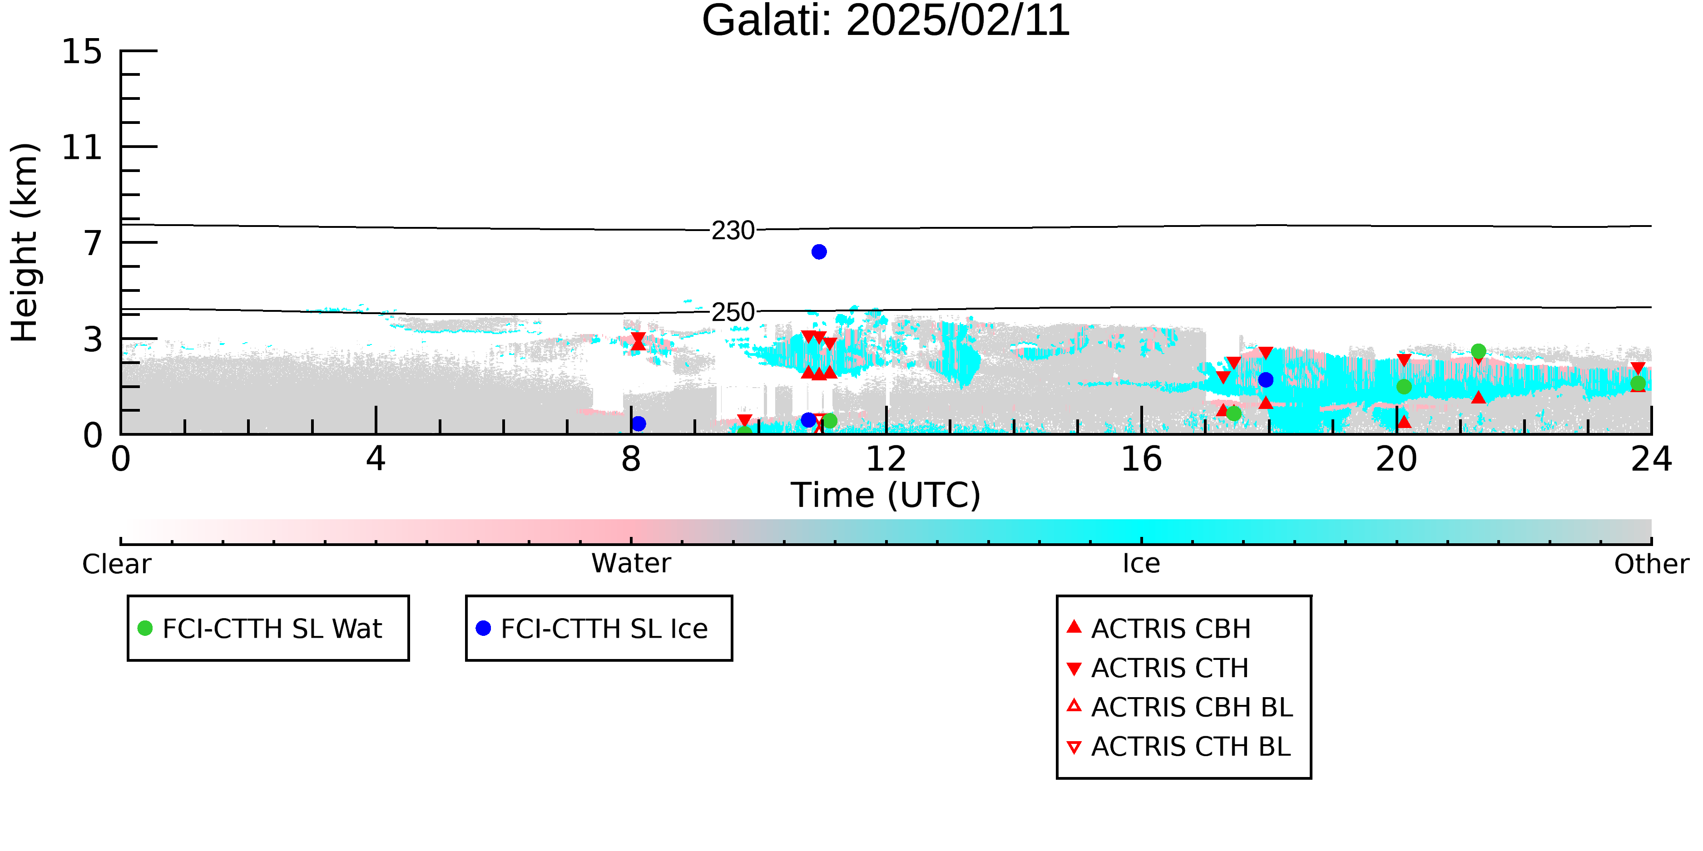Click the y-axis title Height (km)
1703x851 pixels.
coord(25,242)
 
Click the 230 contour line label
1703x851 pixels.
coord(733,231)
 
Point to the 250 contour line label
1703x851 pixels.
coord(733,312)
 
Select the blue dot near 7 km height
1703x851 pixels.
coord(819,252)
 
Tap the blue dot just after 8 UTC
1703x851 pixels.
coord(639,423)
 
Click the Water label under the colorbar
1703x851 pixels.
coord(631,564)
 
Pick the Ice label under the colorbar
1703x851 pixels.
coord(1141,564)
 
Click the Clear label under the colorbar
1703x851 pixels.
coord(116,564)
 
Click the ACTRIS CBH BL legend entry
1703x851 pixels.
coord(1179,707)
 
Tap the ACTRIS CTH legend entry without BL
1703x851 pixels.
coord(1158,668)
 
